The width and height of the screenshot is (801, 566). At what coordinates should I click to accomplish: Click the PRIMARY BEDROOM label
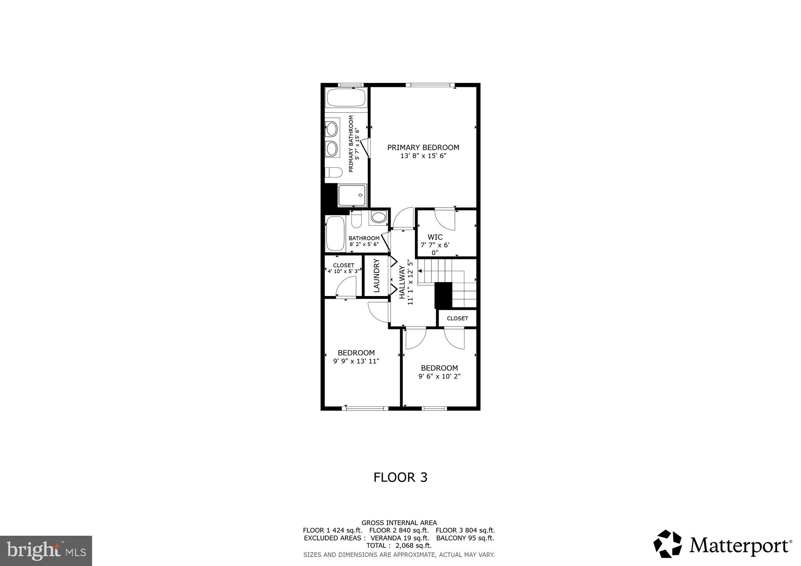tap(423, 147)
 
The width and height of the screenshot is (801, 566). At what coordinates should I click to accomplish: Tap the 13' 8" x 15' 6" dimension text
tap(423, 156)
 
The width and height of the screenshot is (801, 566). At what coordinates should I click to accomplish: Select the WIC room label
tap(435, 237)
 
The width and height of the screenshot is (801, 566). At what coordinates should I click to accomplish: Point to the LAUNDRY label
tap(376, 275)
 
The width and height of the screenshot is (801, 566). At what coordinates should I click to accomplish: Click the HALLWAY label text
tap(402, 282)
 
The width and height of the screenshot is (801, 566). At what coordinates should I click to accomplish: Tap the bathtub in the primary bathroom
tap(346, 97)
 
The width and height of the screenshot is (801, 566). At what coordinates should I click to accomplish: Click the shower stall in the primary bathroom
tap(353, 195)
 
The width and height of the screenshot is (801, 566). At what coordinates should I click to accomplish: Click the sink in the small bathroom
tap(378, 217)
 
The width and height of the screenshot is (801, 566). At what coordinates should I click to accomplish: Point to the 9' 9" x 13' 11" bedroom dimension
tap(356, 361)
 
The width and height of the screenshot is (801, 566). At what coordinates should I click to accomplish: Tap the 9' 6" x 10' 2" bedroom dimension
tap(439, 376)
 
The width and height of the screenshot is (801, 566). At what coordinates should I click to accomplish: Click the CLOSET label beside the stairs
tap(457, 318)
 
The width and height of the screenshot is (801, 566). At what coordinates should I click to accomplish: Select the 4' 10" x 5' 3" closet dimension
tap(343, 271)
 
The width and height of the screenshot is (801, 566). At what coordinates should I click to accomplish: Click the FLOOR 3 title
tap(400, 477)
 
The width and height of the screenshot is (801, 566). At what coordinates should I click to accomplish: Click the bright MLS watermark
tap(46, 551)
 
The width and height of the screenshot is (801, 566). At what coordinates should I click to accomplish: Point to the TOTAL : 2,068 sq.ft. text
tap(399, 546)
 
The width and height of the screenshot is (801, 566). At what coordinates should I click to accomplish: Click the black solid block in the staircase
tap(443, 295)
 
